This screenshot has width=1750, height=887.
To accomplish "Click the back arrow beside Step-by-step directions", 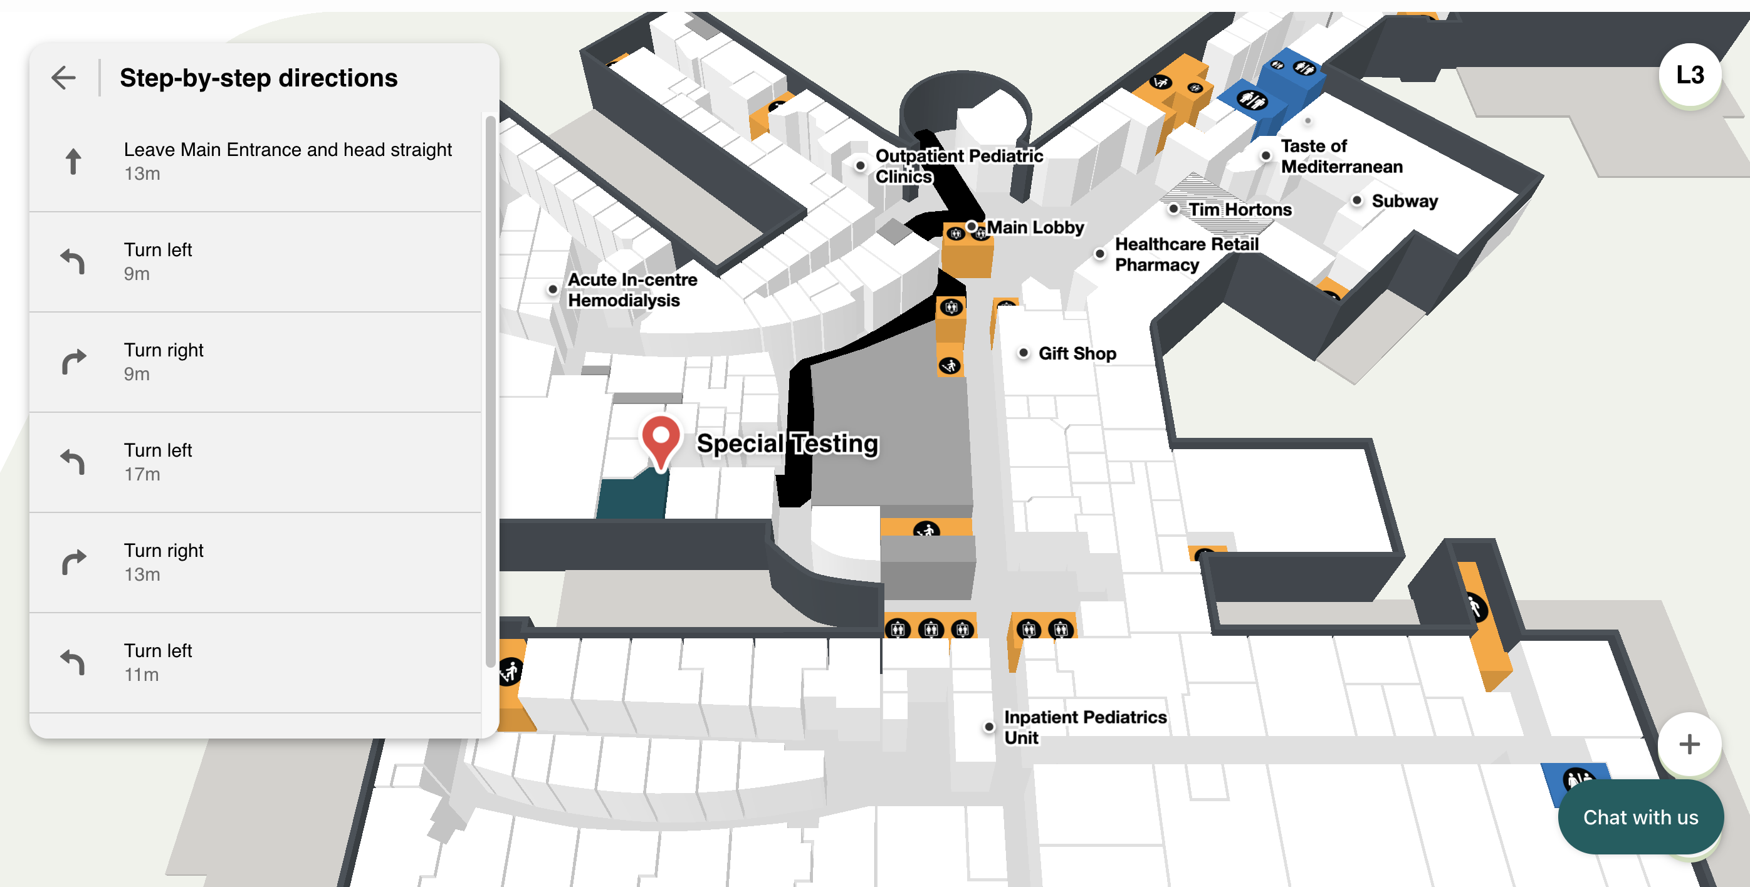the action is click(x=64, y=78).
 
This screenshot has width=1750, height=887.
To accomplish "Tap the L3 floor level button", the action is click(x=1690, y=75).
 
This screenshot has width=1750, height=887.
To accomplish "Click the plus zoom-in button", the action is click(x=1689, y=744).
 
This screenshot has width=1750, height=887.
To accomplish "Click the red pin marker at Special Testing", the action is click(x=661, y=439).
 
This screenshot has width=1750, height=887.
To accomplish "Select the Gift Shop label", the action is click(x=1077, y=353).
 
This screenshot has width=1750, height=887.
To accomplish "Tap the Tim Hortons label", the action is click(x=1240, y=209).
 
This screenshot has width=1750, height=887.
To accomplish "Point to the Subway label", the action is click(x=1404, y=201).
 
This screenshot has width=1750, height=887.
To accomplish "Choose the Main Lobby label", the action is click(x=1035, y=227).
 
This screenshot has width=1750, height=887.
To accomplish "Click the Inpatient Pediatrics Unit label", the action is click(x=1084, y=727).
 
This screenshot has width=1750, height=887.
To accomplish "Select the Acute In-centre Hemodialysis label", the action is click(x=632, y=290).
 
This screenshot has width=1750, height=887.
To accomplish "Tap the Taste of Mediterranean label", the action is click(x=1341, y=156).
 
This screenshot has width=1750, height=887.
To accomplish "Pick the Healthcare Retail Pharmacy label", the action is click(x=1186, y=254).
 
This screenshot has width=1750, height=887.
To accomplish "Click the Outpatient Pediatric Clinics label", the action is click(x=958, y=166).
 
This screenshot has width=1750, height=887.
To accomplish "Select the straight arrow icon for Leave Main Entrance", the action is click(x=73, y=162).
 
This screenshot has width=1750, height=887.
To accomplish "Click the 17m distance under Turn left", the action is click(x=142, y=474).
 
